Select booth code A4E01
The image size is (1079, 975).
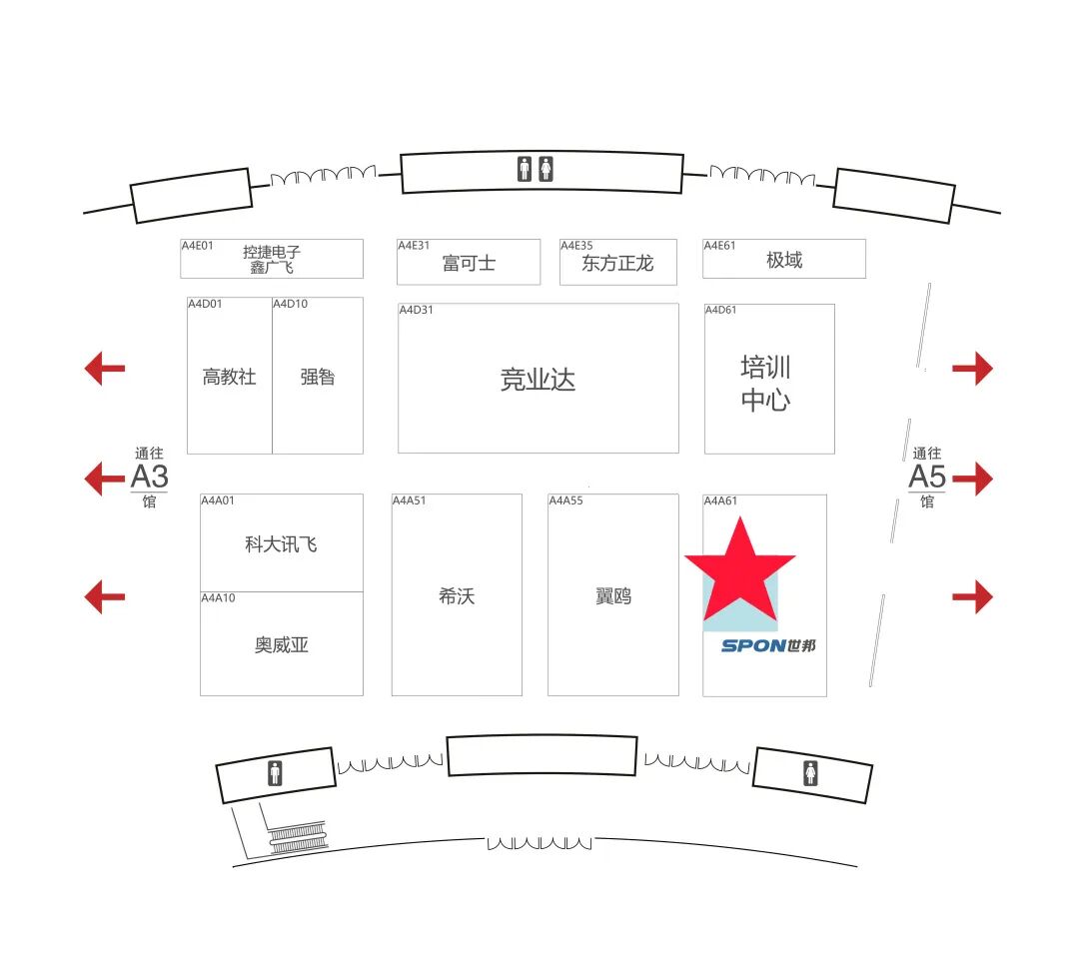197,246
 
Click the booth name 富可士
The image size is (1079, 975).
469,263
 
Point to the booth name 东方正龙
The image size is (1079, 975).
617,263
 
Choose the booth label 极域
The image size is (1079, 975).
784,260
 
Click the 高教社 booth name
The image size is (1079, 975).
229,377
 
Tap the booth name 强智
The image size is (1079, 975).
318,377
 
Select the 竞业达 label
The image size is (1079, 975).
538,380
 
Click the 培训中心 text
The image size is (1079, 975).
766,384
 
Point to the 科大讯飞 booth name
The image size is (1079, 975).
281,544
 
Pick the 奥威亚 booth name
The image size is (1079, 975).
282,644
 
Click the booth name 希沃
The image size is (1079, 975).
457,595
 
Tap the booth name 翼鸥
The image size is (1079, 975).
613,595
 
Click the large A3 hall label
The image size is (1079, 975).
149,477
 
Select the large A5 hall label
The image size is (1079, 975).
927,477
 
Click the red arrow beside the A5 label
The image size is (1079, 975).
972,479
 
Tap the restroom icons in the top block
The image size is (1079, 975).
536,169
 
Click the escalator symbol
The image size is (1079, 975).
298,837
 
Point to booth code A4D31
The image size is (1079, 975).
417,311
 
